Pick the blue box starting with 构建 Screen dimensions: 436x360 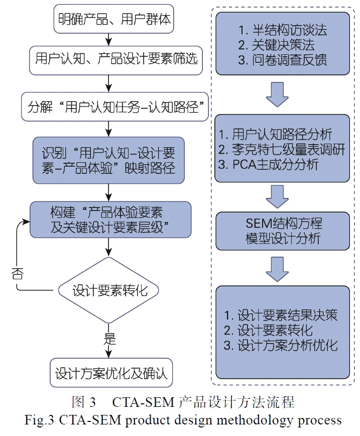tap(110, 220)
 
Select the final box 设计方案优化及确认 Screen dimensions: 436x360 tap(111, 374)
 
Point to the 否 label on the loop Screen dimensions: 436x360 tap(17, 274)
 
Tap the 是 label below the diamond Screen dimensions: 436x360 tap(109, 338)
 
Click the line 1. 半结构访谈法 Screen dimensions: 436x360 tap(282, 30)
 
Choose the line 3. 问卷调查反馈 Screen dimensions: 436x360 tap(282, 60)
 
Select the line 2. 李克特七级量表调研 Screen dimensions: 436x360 tap(282, 149)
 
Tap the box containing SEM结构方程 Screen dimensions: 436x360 tap(282, 230)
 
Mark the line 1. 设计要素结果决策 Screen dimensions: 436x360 tap(281, 315)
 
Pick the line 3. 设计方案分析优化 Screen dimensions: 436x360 tap(281, 345)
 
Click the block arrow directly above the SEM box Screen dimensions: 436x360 tap(282, 196)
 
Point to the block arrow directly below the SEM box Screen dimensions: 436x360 tap(282, 269)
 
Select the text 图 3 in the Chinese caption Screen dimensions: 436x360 tap(84, 402)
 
